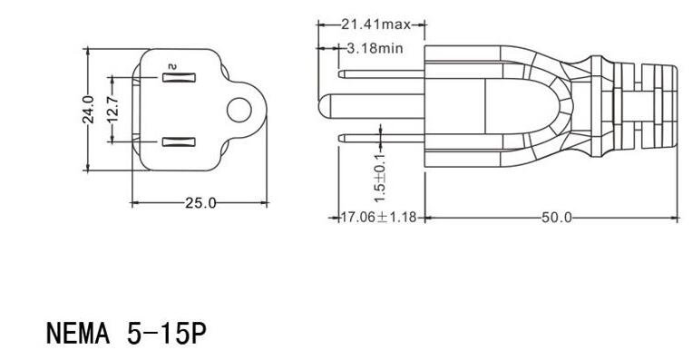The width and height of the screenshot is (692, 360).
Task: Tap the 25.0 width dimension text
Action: pos(200,202)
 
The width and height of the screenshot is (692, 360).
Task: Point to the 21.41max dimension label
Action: pos(372,24)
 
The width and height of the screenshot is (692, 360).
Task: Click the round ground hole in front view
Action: pos(239,110)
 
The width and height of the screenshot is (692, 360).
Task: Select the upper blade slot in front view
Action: pos(178,79)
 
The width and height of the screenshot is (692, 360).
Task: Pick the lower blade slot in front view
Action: pos(178,141)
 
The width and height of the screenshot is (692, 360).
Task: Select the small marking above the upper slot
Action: pos(170,64)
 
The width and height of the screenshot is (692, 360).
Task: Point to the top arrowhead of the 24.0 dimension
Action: pos(88,50)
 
